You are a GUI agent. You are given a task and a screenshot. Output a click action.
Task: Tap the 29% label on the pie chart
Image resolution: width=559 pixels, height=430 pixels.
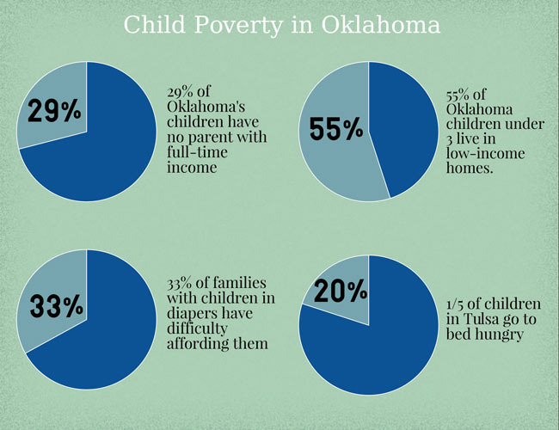52,111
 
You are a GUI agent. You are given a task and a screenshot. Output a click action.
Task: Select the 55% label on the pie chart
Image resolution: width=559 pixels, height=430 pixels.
336,129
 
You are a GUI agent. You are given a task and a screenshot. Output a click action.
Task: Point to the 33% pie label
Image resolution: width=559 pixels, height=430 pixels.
56,305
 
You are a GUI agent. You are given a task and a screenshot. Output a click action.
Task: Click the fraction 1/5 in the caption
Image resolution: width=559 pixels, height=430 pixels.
458,304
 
